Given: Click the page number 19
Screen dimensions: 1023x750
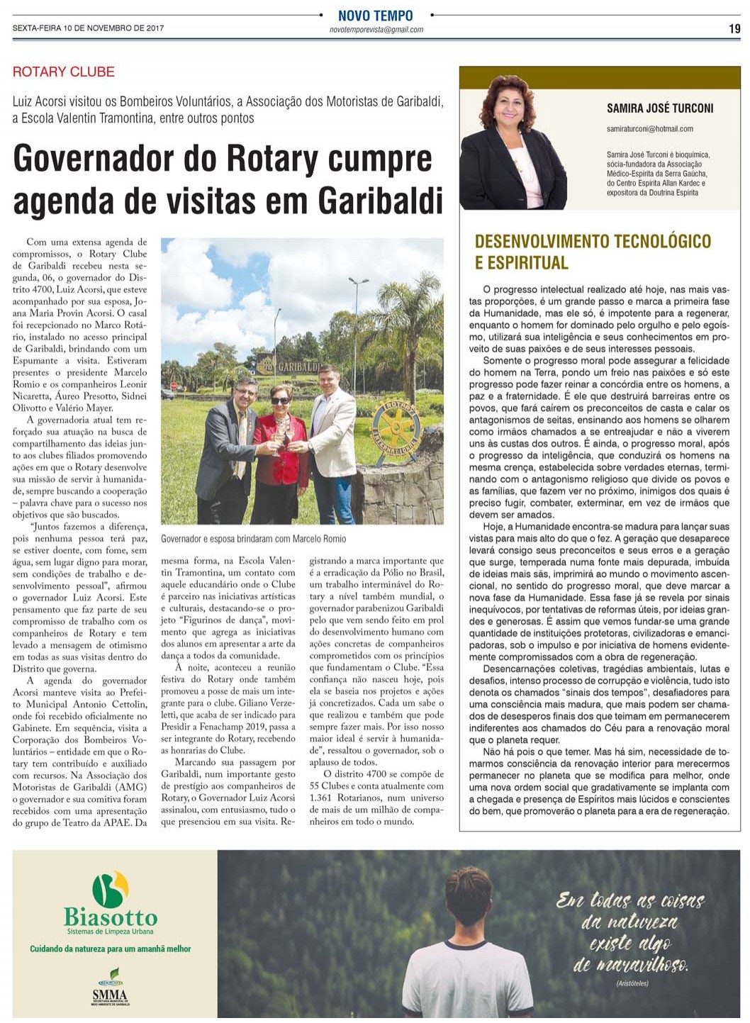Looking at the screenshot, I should tap(734, 29).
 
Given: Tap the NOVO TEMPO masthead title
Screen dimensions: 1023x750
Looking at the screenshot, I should tap(375, 16).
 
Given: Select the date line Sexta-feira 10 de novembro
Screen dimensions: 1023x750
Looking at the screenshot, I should tap(89, 29).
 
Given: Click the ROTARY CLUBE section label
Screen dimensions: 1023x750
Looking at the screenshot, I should tap(63, 72).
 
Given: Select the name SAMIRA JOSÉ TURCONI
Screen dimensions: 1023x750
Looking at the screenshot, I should tap(659, 108).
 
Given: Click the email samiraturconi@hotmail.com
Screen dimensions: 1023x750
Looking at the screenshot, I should tap(649, 129).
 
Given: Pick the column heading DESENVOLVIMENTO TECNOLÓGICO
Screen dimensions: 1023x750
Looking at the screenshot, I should tap(593, 241).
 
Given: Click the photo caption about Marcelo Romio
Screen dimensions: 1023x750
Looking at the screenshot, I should tap(253, 539).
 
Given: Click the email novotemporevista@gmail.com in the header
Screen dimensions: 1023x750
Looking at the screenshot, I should tap(376, 30).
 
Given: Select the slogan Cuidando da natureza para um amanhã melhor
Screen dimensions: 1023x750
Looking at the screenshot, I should tap(110, 949).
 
